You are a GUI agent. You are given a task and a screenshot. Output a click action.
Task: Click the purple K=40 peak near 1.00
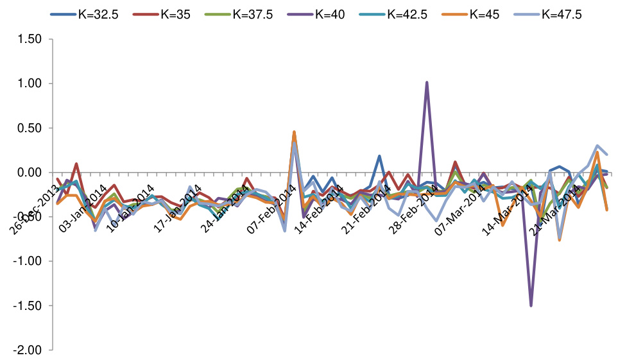coord(427,83)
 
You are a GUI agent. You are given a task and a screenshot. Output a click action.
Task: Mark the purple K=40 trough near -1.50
coord(531,305)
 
